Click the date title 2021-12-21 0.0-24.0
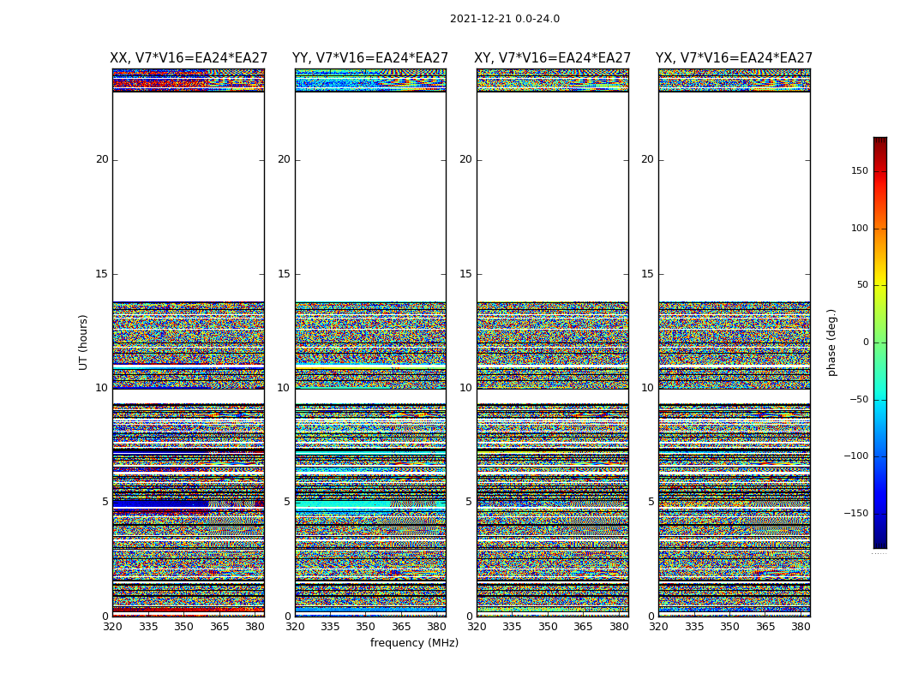tap(504, 19)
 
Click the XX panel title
tap(189, 58)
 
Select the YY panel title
tap(370, 58)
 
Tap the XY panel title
tap(553, 58)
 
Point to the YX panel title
tap(734, 58)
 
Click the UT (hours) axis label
tap(83, 342)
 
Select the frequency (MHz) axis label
tap(414, 643)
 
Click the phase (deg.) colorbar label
tap(831, 342)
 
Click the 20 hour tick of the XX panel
tap(102, 159)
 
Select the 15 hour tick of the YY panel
tap(284, 274)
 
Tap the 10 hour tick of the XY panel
tap(465, 388)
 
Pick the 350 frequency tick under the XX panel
tap(183, 627)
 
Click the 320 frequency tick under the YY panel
tap(295, 627)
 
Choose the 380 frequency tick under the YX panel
tap(801, 627)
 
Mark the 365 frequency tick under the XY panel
tap(583, 627)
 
